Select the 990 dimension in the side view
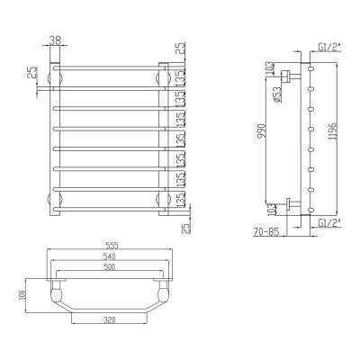[x=262, y=133]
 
